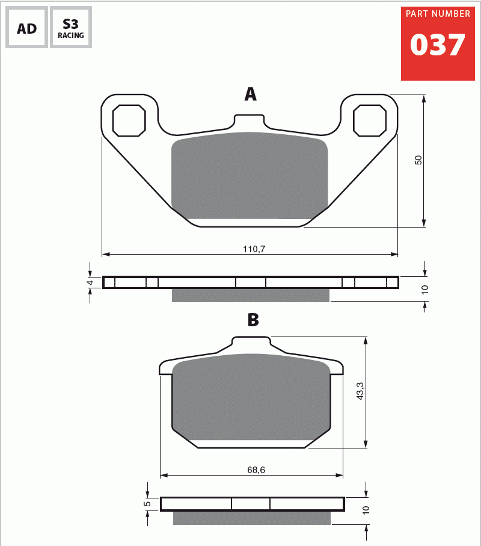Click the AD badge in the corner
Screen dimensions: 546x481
26,28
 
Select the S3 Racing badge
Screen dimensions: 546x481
71,28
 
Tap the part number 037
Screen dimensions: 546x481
437,46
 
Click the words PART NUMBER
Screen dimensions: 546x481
438,14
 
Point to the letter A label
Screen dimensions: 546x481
250,95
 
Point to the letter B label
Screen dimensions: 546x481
253,320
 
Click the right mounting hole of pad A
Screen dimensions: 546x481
369,120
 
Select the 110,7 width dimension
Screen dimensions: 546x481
253,249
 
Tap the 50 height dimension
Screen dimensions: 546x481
419,160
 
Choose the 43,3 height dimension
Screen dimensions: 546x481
360,391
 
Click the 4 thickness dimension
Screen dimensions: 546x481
90,282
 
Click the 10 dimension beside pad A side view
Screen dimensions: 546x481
425,290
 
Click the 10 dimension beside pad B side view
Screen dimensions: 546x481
366,510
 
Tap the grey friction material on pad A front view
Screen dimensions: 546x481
250,176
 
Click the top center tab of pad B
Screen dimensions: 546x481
251,344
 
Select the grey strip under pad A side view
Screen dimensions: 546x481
251,295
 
